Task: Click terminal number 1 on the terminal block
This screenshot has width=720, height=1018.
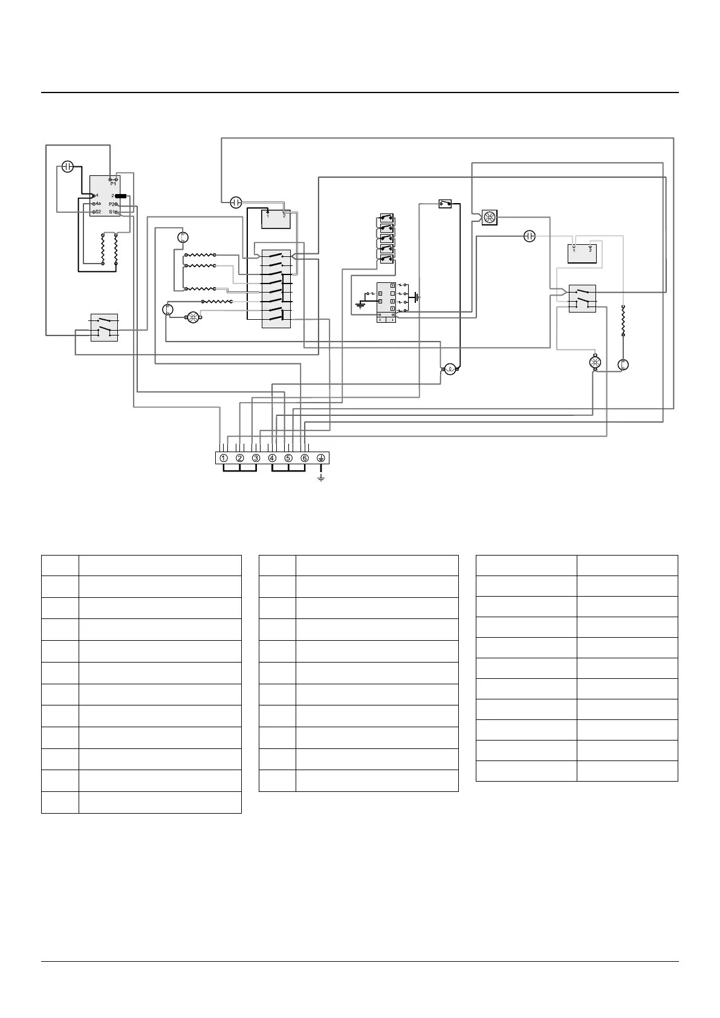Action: coord(224,458)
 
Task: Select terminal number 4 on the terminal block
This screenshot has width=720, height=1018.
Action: coord(273,458)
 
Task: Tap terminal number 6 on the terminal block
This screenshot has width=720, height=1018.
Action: coord(305,458)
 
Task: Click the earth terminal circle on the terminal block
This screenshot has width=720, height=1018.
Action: coord(321,458)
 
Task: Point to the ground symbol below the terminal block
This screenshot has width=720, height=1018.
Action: coord(321,478)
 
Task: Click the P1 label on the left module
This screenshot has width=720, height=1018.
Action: coord(113,184)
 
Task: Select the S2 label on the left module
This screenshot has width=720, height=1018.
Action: coord(98,212)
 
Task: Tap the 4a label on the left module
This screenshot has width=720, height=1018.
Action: coord(98,204)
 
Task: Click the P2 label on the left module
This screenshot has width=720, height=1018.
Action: coord(112,204)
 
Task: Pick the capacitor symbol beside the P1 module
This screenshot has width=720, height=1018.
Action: coord(68,167)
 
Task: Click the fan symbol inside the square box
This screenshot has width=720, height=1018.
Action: coord(489,218)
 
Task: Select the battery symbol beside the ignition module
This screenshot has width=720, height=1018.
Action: coord(416,298)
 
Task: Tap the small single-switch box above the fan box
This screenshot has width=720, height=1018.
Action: coord(446,204)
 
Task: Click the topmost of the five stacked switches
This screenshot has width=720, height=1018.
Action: coord(387,218)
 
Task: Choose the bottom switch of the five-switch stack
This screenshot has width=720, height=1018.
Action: coord(387,259)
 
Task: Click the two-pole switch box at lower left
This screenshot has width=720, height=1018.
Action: coord(104,326)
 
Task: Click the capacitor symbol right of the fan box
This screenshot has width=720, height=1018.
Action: coord(530,236)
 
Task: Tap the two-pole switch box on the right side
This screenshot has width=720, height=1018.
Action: coord(582,299)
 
